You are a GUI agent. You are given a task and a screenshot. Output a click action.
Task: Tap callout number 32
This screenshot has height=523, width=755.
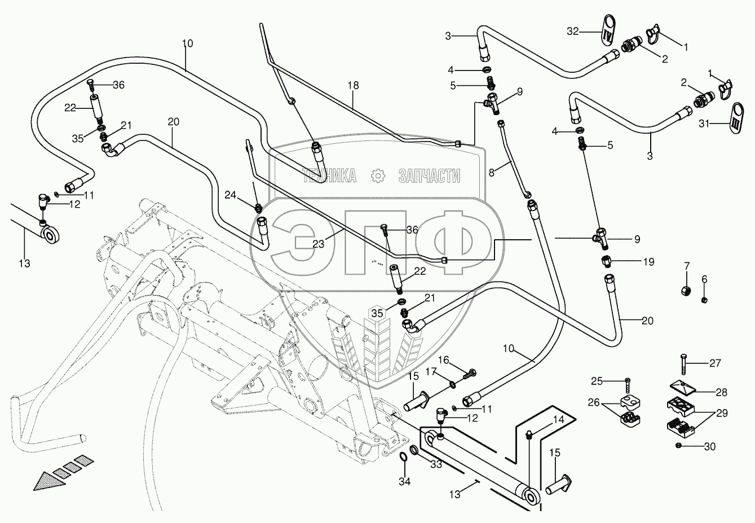click(x=573, y=32)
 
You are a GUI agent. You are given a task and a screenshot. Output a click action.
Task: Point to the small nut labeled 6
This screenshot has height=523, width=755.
click(x=704, y=300)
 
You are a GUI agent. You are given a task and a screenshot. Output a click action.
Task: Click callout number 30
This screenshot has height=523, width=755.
click(x=710, y=446)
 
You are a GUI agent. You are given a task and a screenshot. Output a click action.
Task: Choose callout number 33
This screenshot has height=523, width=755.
click(x=436, y=464)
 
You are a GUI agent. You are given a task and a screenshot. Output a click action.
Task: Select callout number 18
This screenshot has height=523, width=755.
click(x=354, y=85)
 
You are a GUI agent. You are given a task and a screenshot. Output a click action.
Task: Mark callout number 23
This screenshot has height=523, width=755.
click(x=319, y=244)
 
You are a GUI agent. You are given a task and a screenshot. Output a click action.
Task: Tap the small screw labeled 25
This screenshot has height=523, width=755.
click(x=628, y=385)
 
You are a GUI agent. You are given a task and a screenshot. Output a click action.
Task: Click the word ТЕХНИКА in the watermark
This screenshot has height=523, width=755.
click(x=329, y=175)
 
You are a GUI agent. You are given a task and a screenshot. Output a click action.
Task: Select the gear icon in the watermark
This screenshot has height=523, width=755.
click(x=378, y=175)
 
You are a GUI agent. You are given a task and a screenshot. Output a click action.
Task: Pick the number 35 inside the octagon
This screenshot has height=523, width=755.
click(x=377, y=314)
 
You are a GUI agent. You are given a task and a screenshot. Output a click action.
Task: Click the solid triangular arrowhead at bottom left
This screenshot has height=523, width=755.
click(x=49, y=480)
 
